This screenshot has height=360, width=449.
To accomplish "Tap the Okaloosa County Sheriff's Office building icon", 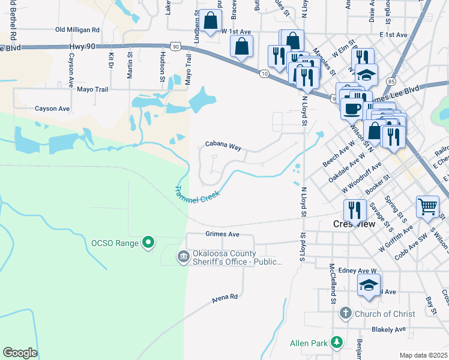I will pos(182,257).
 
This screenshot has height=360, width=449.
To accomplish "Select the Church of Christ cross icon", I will pos(345,313).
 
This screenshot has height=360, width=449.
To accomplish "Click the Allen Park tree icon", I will pos(337,341).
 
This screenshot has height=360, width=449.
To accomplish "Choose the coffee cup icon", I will pos(352,109).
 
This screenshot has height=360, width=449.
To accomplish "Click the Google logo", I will pos(20,353).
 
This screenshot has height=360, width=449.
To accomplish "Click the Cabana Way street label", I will pos(223,145).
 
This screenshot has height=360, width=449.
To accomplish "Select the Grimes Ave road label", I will pos(222,234).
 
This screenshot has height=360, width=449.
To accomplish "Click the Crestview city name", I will pos(354,224).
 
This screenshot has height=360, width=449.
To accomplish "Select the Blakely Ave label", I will pos(389,329).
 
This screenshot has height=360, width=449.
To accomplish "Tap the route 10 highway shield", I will pos(264,73).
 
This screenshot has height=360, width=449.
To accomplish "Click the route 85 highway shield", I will pos(391,80).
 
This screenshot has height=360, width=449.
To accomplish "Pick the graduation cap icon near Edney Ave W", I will pos(369,284).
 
